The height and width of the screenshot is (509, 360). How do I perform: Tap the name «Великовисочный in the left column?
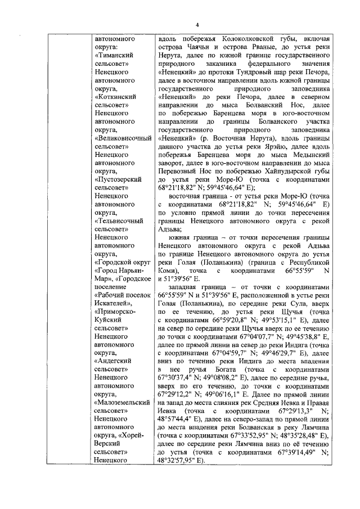click(121, 137)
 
